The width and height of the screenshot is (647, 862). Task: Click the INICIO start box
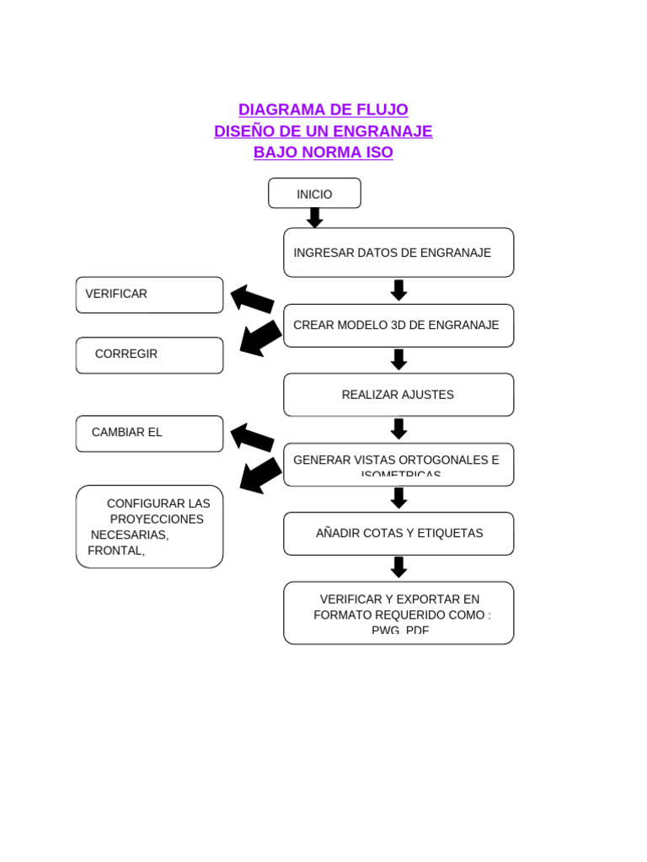(314, 194)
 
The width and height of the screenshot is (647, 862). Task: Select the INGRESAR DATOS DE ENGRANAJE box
(398, 253)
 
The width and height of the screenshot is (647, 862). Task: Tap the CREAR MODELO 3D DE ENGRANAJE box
(398, 325)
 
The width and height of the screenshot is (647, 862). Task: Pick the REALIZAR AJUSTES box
(398, 395)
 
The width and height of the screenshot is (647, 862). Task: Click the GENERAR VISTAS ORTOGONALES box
(398, 464)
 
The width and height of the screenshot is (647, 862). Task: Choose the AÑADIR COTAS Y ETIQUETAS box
(398, 534)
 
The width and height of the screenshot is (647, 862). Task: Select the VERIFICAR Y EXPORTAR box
(398, 613)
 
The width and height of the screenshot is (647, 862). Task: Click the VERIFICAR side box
(149, 295)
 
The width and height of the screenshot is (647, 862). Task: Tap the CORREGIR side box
(149, 354)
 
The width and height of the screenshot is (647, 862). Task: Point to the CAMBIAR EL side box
(149, 433)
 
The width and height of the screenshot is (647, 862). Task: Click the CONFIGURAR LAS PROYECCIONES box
(149, 526)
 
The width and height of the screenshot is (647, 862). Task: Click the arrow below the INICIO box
(314, 218)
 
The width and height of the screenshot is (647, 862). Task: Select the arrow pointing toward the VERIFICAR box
(252, 299)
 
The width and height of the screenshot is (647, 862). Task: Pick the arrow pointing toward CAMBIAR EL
(252, 438)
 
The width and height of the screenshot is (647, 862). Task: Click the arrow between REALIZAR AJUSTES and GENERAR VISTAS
(398, 428)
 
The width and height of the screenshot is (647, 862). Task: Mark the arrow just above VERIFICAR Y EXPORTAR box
(398, 567)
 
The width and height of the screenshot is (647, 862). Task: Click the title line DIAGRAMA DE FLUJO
(323, 109)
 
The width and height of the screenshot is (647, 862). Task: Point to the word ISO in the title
(379, 153)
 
